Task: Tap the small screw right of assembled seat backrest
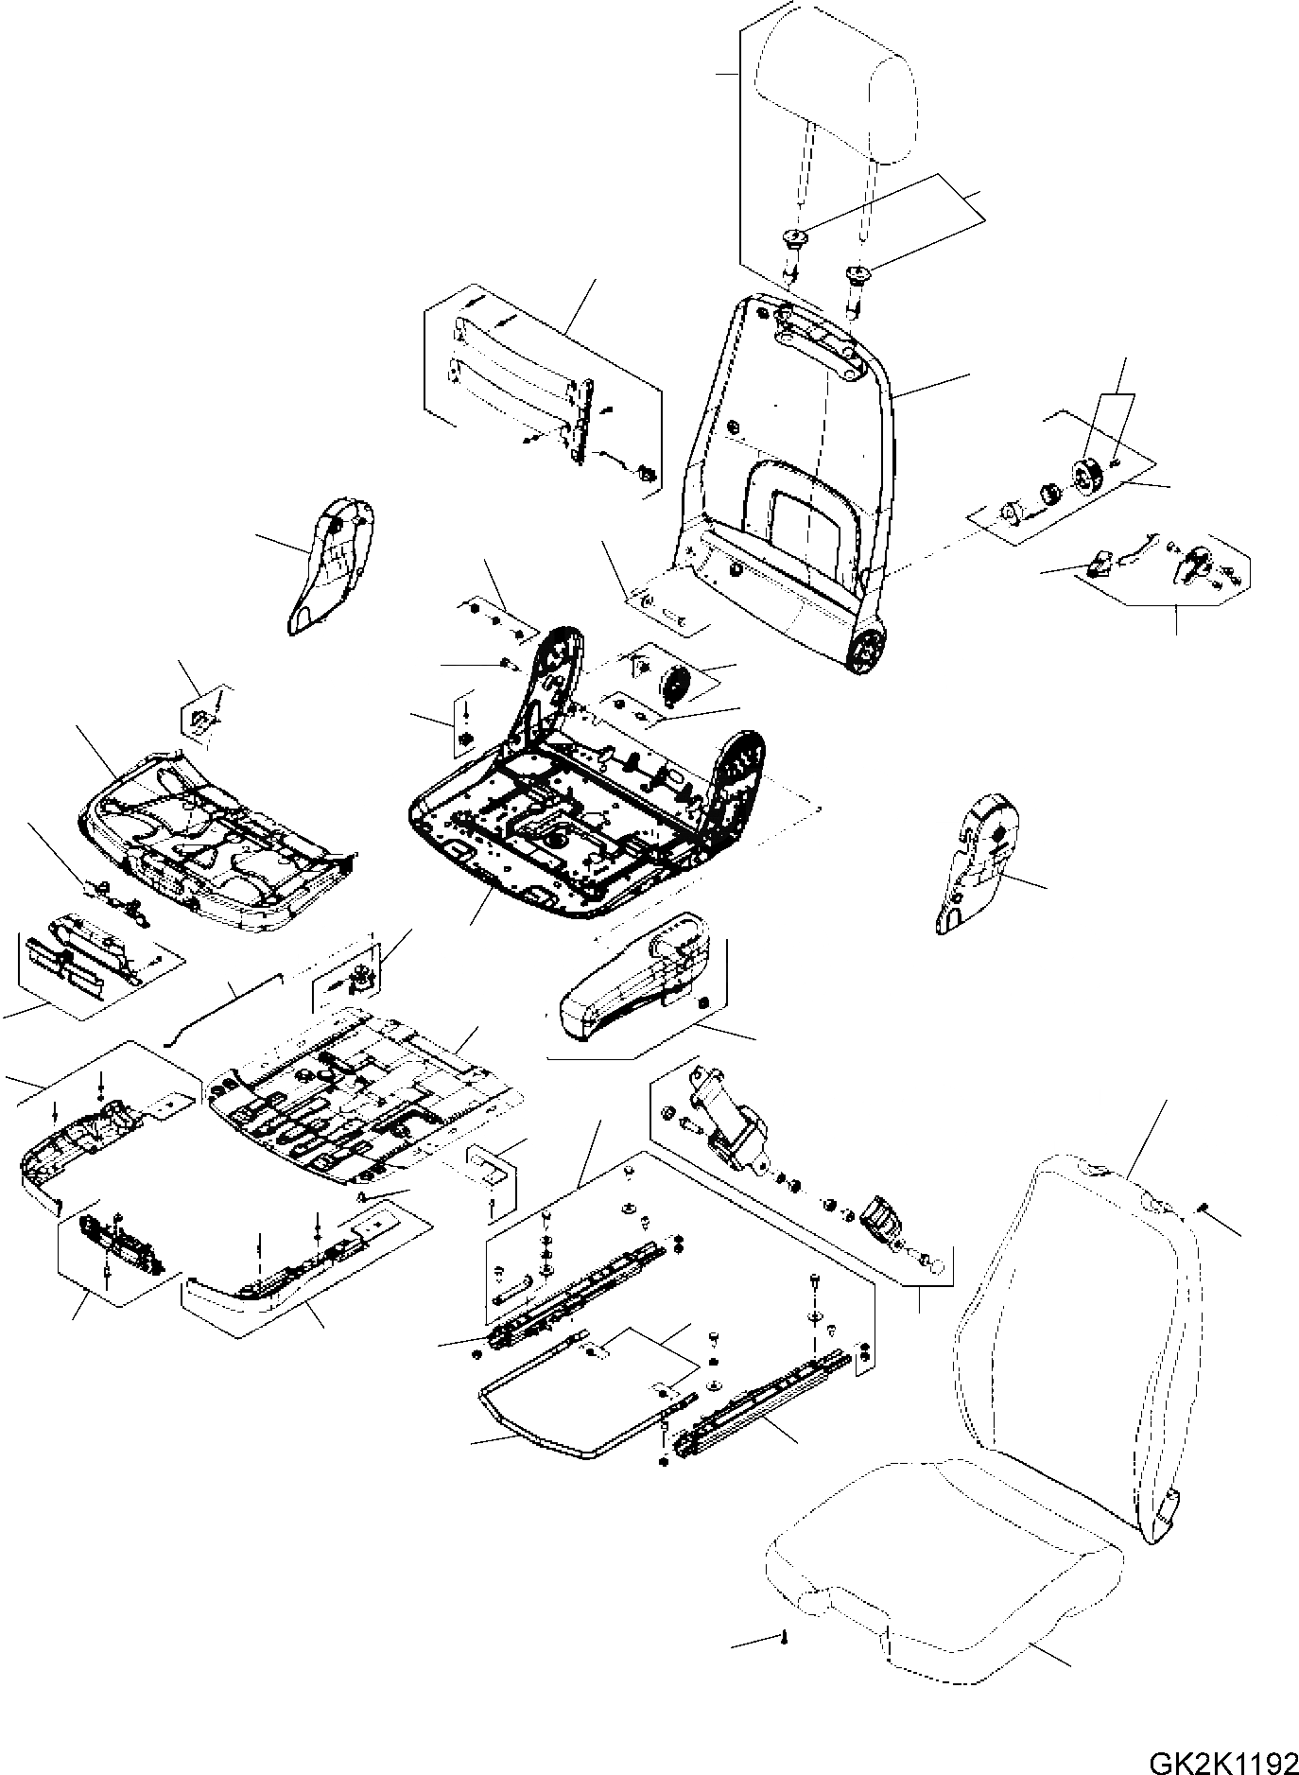coord(1204,1208)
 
